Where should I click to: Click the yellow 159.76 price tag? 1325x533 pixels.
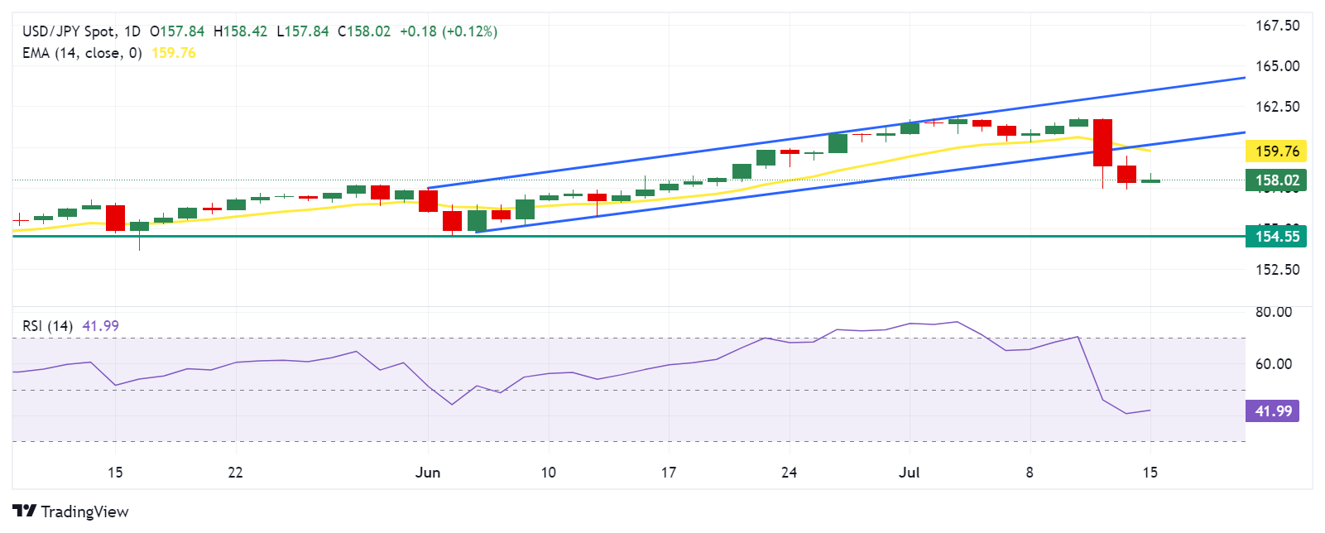(x=1275, y=151)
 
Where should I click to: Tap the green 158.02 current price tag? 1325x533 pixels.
(x=1275, y=180)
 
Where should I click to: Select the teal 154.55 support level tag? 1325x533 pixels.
(x=1275, y=237)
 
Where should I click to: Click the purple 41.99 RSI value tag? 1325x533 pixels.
(x=1272, y=411)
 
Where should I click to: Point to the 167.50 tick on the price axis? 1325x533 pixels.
(x=1277, y=26)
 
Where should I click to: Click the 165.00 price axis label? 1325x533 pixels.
(x=1277, y=66)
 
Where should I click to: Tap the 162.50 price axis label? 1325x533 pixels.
(x=1277, y=107)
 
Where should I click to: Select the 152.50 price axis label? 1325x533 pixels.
(x=1277, y=270)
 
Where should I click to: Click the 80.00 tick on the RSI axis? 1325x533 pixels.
(x=1273, y=312)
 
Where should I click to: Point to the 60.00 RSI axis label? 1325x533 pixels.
(x=1273, y=364)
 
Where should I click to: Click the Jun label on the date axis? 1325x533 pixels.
(x=428, y=473)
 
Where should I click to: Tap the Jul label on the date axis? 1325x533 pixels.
(x=909, y=473)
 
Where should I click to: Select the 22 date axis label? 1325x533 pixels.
(x=235, y=473)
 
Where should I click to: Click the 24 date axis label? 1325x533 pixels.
(x=789, y=473)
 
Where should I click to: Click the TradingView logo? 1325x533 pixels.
(x=71, y=511)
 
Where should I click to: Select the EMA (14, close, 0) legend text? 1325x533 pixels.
(x=82, y=53)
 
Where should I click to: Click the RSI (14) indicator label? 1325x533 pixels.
(x=47, y=326)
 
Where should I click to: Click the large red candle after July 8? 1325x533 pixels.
(x=1102, y=142)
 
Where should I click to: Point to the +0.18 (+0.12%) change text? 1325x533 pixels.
(x=449, y=31)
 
